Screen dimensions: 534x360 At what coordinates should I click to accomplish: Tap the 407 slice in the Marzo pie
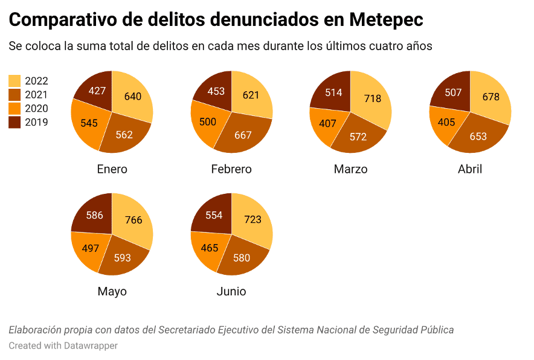[x=327, y=125]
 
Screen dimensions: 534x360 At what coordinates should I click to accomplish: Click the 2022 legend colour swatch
[x=14, y=81]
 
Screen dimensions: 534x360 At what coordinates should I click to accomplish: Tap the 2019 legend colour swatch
[x=14, y=122]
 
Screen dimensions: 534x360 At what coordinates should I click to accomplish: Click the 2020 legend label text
[x=36, y=109]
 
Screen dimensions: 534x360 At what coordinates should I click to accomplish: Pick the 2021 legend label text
[x=36, y=95]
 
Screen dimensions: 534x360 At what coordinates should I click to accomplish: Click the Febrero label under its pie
[x=231, y=169]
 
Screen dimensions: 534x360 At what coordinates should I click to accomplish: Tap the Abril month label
[x=470, y=169]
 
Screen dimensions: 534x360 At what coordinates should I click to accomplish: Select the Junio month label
[x=231, y=291]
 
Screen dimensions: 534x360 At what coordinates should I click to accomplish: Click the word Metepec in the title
[x=386, y=19]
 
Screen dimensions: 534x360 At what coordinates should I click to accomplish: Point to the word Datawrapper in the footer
[x=91, y=346]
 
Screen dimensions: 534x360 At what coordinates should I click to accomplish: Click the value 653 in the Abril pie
[x=478, y=137]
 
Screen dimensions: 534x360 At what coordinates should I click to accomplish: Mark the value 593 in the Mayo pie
[x=122, y=258]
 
